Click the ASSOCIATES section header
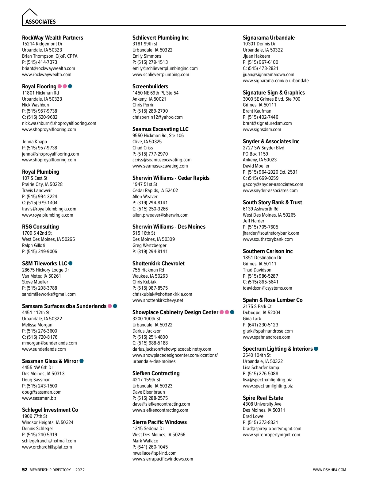pyautogui.click(x=40, y=21)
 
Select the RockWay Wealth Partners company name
pyautogui.click(x=52, y=38)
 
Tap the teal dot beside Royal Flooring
pyautogui.click(x=70, y=86)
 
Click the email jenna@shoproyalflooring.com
pyautogui.click(x=50, y=154)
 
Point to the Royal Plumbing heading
pyautogui.click(x=40, y=172)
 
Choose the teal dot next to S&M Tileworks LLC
pyautogui.click(x=71, y=263)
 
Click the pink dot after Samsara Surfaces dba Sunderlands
pyautogui.click(x=109, y=306)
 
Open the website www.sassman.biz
pyautogui.click(x=39, y=398)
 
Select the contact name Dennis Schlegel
pyautogui.click(x=37, y=428)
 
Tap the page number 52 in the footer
pyautogui.click(x=25, y=470)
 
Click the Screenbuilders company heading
pyautogui.click(x=150, y=87)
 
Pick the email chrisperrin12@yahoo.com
pyautogui.click(x=157, y=117)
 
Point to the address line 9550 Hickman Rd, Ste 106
pyautogui.click(x=158, y=135)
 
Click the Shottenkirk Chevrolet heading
pyautogui.click(x=159, y=264)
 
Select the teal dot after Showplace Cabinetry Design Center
pyautogui.click(x=232, y=312)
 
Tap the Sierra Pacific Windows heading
pyautogui.click(x=159, y=422)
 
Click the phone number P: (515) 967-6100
pyautogui.click(x=260, y=62)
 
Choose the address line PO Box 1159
pyautogui.click(x=255, y=154)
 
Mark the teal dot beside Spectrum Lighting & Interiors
pyautogui.click(x=316, y=349)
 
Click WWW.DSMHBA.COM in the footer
pyautogui.click(x=329, y=470)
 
